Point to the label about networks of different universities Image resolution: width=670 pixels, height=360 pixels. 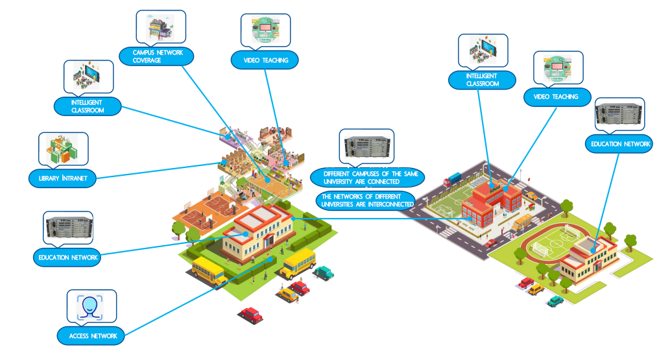[x=366, y=200]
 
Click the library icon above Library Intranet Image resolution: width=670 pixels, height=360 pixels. [x=62, y=149]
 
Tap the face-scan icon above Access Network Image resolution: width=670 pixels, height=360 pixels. [x=91, y=307]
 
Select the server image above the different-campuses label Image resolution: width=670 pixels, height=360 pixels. [x=366, y=147]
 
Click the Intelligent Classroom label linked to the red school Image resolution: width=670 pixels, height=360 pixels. [x=482, y=80]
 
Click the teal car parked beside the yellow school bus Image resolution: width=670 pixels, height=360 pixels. [x=324, y=272]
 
